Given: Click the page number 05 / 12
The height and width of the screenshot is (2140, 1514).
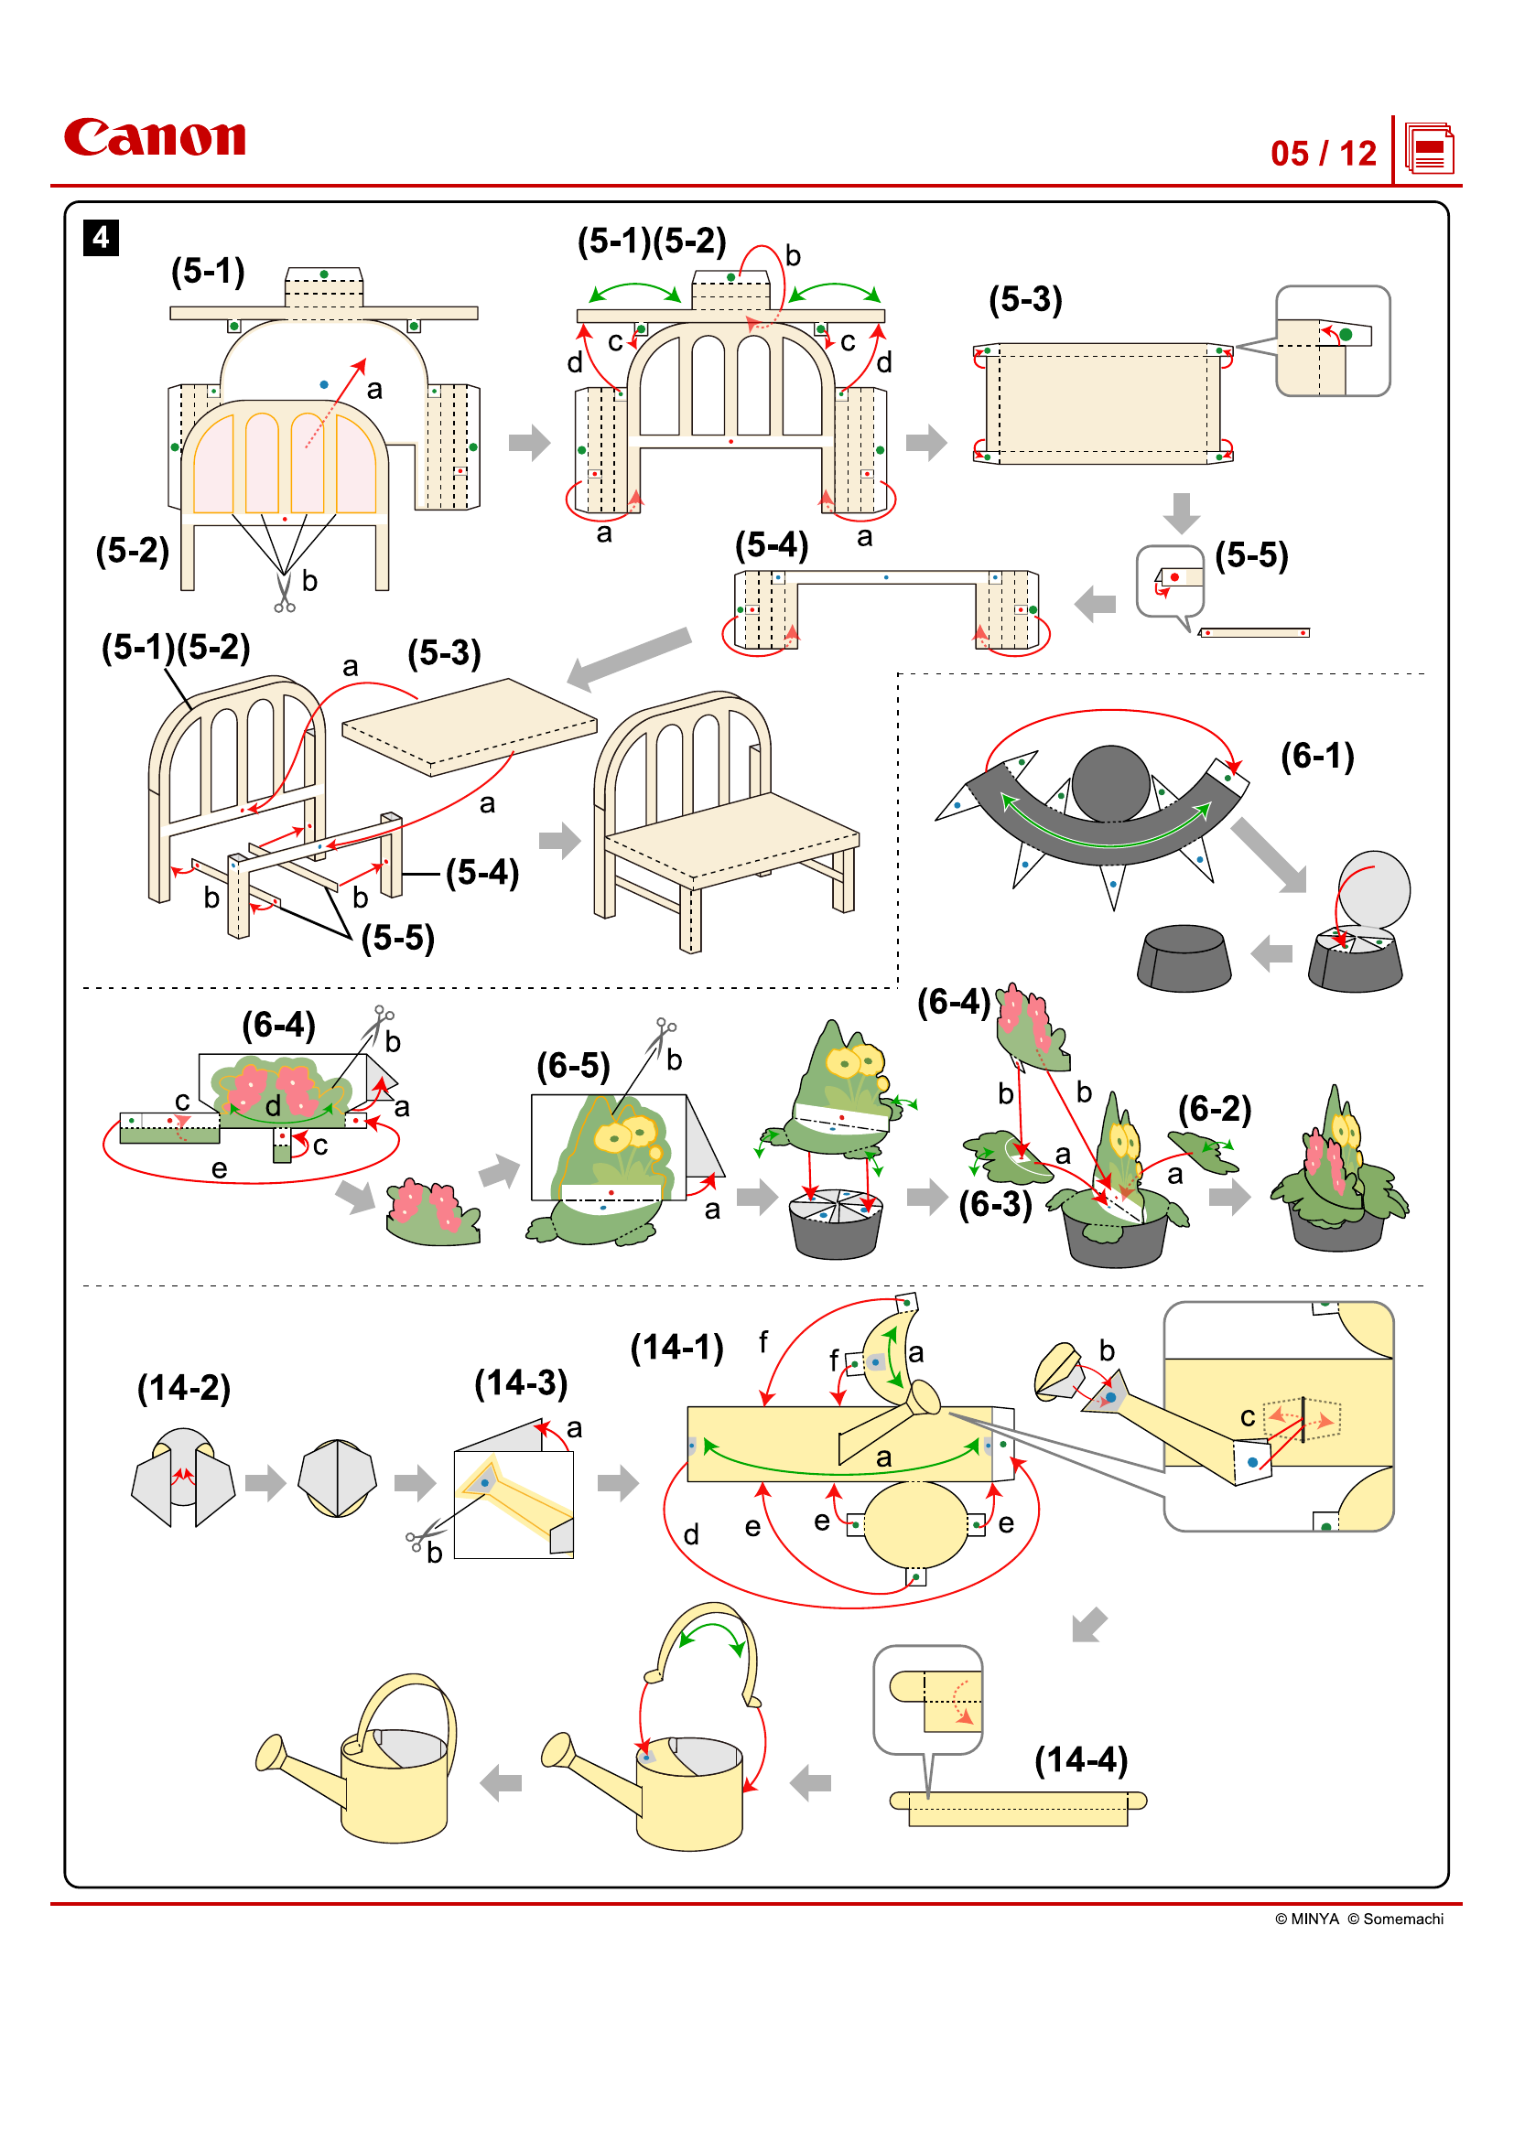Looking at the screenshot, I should [1322, 154].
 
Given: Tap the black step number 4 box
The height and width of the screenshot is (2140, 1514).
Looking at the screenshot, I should [101, 238].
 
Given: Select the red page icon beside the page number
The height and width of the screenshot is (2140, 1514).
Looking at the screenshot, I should [1428, 149].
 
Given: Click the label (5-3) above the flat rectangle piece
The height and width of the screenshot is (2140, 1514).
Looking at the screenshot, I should [1024, 299].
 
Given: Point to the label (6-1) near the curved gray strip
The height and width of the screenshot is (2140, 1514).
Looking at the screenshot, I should [1316, 756].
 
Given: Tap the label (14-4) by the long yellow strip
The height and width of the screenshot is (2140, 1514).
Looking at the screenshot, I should [1080, 1759].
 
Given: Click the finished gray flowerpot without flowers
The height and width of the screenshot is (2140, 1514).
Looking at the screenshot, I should [1183, 958].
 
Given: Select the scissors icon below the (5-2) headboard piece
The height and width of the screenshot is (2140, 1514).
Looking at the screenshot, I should [285, 594].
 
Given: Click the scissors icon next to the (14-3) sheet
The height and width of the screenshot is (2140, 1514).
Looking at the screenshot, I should [419, 1538].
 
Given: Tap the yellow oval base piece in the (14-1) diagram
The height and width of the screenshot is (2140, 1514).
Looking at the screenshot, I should [915, 1526].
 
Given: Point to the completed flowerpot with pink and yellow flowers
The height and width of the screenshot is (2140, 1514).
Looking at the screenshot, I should [1339, 1182].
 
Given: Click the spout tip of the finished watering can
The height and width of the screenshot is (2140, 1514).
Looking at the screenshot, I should [268, 1752].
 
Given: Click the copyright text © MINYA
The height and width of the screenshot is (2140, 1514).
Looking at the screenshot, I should [1306, 1919].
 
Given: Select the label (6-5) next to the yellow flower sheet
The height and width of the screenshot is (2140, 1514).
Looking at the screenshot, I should [572, 1065].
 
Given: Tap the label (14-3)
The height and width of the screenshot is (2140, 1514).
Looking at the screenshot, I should [520, 1382].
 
